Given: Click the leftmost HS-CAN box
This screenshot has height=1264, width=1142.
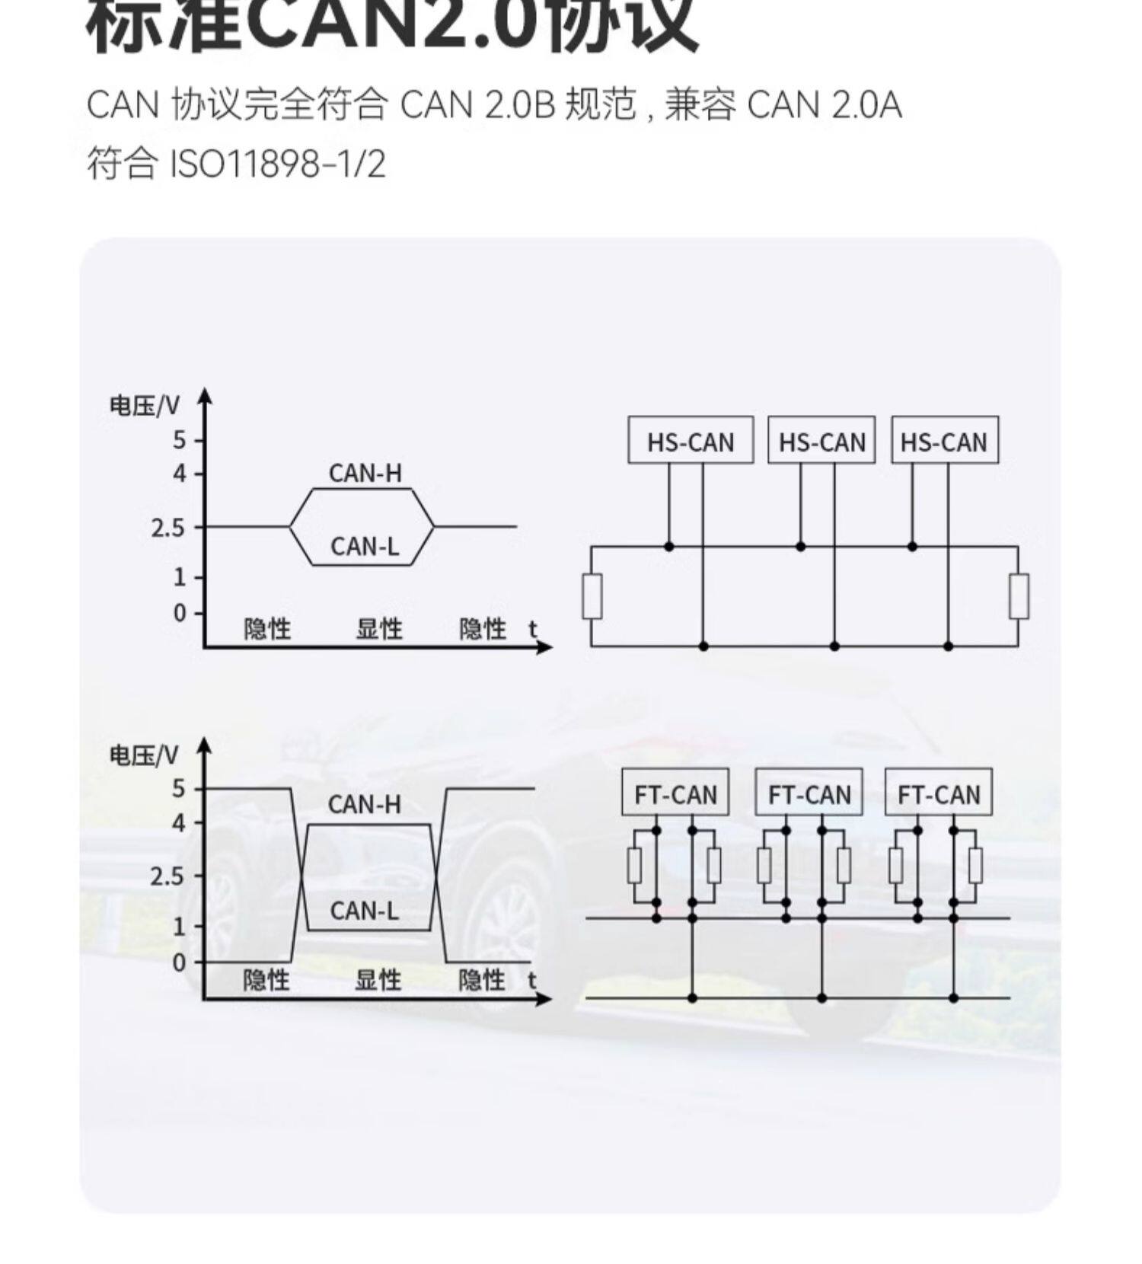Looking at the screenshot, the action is [x=690, y=440].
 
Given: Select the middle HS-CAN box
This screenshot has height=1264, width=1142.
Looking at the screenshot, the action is [x=821, y=440].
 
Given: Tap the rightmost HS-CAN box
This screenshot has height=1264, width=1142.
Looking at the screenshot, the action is [x=944, y=440].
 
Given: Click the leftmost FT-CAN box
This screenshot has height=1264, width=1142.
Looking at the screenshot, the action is [x=675, y=793].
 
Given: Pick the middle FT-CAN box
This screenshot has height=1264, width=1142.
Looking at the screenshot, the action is [x=809, y=793].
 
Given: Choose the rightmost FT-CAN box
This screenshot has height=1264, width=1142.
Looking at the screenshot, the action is [x=939, y=793].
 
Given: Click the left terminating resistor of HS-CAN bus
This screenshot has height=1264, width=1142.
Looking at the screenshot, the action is [x=592, y=596].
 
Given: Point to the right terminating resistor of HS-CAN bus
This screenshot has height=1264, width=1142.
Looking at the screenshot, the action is [x=1019, y=596].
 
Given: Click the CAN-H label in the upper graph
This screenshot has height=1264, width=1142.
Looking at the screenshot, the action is [x=365, y=474].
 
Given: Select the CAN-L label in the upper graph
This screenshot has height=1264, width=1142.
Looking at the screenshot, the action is [x=365, y=546].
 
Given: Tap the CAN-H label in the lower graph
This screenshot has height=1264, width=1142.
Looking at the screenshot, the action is [x=364, y=805].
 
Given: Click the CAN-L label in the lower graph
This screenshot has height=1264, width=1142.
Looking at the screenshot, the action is [x=364, y=911].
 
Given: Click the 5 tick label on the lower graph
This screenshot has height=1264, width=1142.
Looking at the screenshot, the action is [x=178, y=789].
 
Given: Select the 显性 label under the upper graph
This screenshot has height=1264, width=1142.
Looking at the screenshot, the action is [x=379, y=629].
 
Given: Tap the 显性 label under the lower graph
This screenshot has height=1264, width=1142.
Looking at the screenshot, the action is [x=378, y=980].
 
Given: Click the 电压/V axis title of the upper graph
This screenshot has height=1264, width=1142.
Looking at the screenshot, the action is [x=145, y=406].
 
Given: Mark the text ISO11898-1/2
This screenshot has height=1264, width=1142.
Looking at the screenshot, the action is [x=276, y=164].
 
